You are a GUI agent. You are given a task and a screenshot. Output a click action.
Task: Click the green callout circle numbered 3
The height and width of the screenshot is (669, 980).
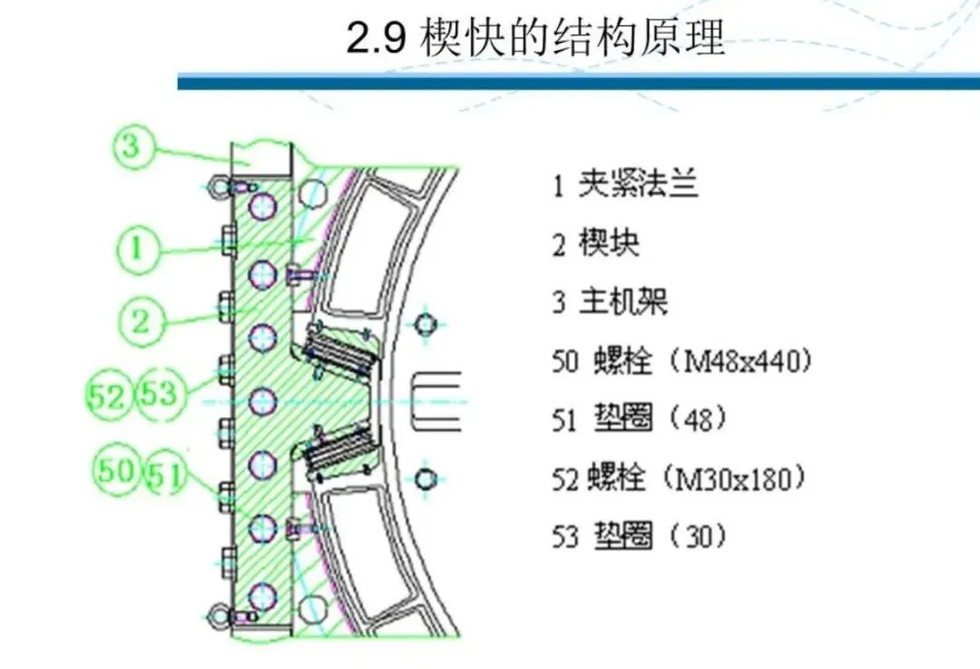(132, 145)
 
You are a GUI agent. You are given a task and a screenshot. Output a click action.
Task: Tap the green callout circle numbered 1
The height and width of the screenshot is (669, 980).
(137, 245)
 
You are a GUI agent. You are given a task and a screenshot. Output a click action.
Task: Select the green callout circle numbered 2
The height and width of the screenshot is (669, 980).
(141, 320)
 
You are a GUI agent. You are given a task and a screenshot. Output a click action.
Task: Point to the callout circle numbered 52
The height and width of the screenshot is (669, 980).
(109, 395)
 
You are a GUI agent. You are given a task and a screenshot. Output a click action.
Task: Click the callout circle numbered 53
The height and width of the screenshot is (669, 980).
(159, 395)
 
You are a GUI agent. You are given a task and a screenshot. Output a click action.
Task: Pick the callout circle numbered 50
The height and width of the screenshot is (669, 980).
(117, 470)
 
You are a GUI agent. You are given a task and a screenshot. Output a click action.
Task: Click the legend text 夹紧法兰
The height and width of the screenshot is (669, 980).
(639, 186)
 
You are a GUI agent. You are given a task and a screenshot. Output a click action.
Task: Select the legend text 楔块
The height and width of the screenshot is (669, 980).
(609, 243)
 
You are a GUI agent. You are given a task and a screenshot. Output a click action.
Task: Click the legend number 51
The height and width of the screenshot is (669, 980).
(564, 419)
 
